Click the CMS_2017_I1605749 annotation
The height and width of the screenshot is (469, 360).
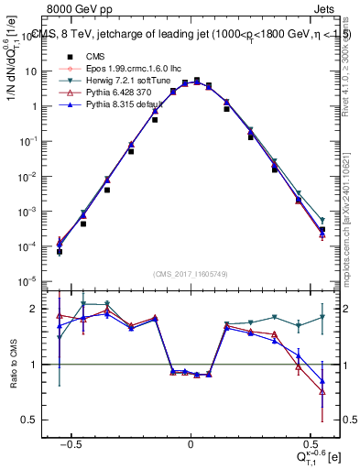(x=191, y=274)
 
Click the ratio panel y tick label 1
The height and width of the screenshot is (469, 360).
(x=38, y=365)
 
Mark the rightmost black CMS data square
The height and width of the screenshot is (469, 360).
(x=322, y=230)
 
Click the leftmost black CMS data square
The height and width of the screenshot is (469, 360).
(x=60, y=251)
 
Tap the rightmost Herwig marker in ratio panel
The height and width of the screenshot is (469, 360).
(x=322, y=317)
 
